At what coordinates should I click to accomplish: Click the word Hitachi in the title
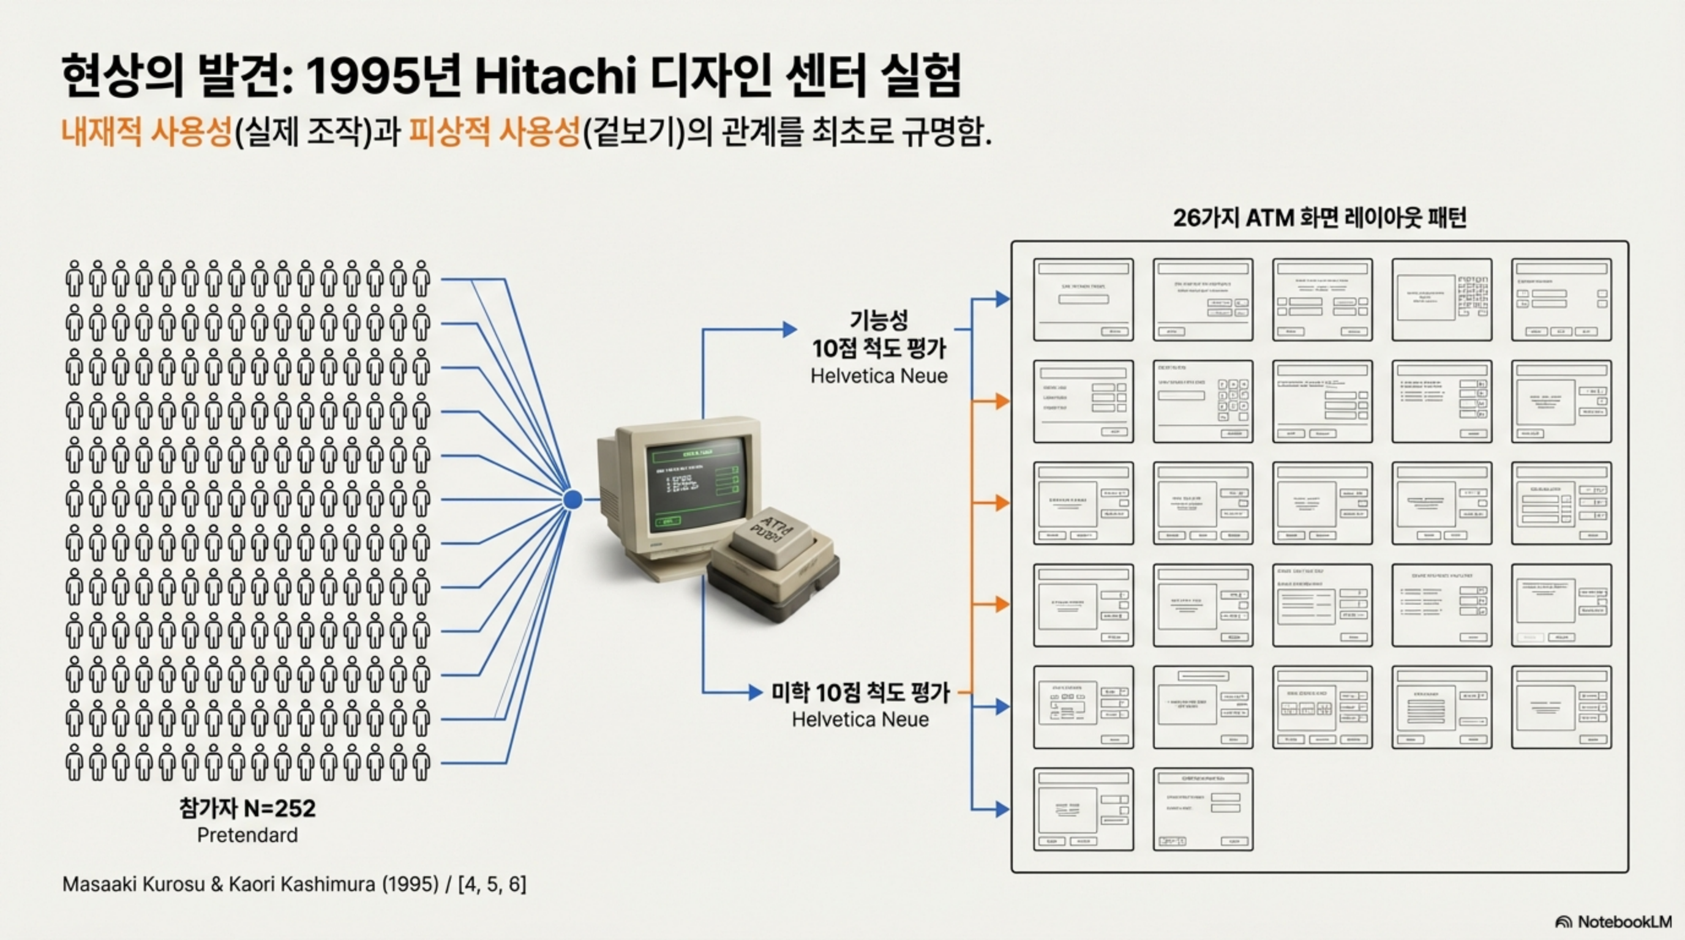pos(555,76)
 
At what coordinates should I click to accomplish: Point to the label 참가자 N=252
pos(247,808)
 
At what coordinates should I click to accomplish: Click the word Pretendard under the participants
pos(247,835)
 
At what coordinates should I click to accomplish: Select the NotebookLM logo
pos(1613,922)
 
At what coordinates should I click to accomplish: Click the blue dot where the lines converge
pos(572,499)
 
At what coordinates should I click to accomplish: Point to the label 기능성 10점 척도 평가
pos(879,335)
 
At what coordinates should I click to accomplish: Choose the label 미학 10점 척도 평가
pos(860,692)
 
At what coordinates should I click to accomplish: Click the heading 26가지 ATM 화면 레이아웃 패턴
pos(1319,218)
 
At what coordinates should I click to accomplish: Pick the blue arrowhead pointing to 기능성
pos(790,329)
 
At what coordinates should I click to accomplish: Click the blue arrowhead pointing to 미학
pos(756,692)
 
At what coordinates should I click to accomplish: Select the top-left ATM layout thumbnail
pos(1083,299)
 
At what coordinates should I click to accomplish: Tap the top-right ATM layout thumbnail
pos(1561,299)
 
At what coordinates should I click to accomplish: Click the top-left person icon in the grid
pos(74,278)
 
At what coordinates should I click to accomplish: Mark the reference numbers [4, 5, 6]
pos(492,884)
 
